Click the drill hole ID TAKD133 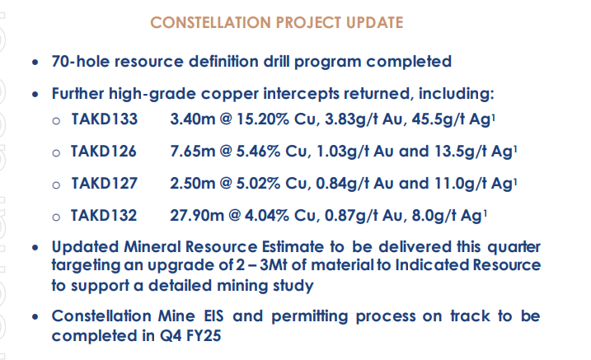105,119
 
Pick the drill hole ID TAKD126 104,152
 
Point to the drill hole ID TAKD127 105,184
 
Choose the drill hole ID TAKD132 104,215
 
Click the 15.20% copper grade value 263,119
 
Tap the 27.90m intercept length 197,215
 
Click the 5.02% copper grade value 259,184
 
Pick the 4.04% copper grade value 267,215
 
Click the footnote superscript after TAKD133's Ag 494,117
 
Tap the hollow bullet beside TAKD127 56,185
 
